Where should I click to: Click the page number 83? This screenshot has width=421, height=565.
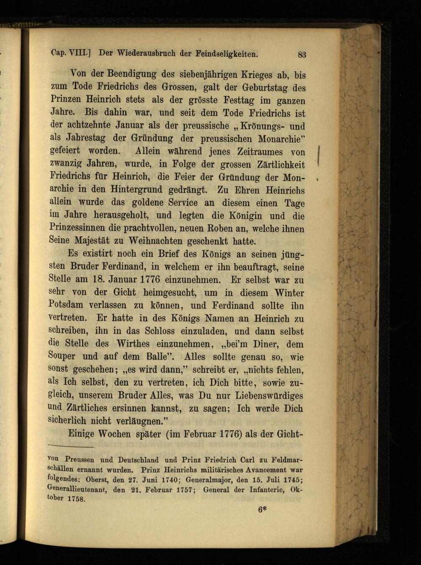302,54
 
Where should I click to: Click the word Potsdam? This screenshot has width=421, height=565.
66,305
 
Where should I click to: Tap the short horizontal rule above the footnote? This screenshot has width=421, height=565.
71,446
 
